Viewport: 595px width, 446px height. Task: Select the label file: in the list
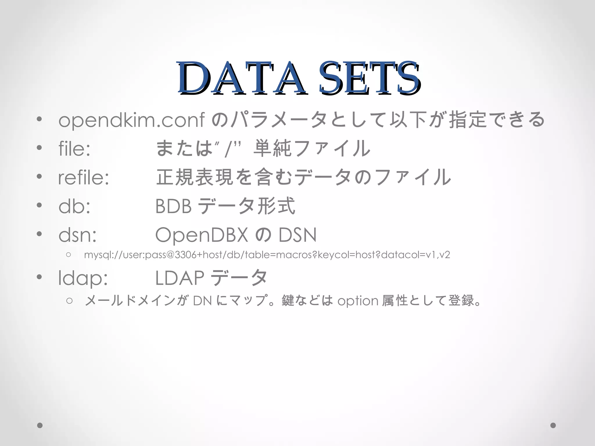pyautogui.click(x=74, y=148)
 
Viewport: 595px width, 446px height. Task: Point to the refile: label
pyautogui.click(x=84, y=177)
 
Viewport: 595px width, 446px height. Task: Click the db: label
pyautogui.click(x=74, y=206)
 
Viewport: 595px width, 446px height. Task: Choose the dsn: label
pyautogui.click(x=77, y=235)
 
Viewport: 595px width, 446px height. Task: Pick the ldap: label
pyautogui.click(x=83, y=278)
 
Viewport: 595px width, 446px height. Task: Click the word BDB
pyautogui.click(x=173, y=206)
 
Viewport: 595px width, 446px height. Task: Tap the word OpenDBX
pyautogui.click(x=202, y=235)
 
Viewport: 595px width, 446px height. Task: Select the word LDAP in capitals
pyautogui.click(x=180, y=278)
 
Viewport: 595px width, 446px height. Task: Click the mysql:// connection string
pyautogui.click(x=267, y=255)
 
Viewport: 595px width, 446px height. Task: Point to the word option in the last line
pyautogui.click(x=358, y=301)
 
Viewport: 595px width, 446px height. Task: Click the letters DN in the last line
pyautogui.click(x=202, y=301)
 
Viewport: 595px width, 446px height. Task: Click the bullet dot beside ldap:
pyautogui.click(x=40, y=277)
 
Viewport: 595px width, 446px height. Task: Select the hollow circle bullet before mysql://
pyautogui.click(x=69, y=255)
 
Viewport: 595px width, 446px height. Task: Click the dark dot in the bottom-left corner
pyautogui.click(x=40, y=425)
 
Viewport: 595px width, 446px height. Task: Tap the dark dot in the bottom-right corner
pyautogui.click(x=553, y=425)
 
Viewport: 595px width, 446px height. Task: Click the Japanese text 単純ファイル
pyautogui.click(x=312, y=148)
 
